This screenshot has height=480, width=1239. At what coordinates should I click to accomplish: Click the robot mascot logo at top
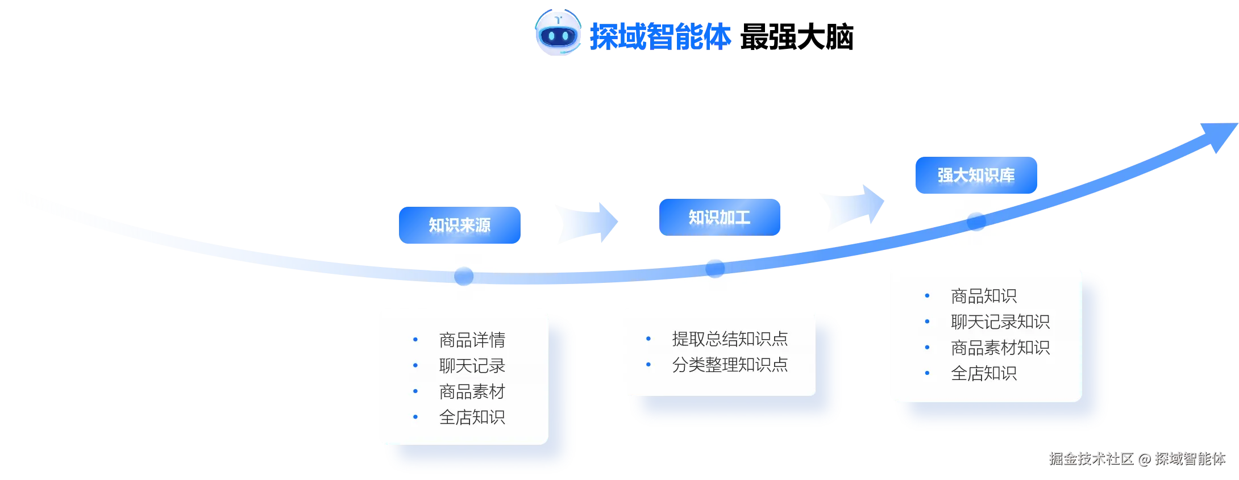coord(558,35)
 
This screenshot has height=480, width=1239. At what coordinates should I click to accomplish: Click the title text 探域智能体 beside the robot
coord(660,36)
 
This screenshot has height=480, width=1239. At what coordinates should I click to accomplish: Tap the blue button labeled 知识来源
coord(459,226)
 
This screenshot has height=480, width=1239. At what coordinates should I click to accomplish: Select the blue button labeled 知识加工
coord(720,217)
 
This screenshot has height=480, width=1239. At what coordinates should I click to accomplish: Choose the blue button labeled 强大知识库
coord(976,175)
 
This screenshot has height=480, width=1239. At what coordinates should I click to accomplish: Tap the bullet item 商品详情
coord(472,340)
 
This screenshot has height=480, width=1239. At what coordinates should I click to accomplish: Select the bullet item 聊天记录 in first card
coord(472,366)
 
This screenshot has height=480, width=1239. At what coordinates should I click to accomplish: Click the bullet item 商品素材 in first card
coord(472,391)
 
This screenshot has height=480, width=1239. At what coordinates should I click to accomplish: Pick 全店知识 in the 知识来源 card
coord(472,417)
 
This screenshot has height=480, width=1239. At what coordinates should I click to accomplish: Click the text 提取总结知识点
coord(730,339)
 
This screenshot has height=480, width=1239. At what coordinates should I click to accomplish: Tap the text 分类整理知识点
coord(730,364)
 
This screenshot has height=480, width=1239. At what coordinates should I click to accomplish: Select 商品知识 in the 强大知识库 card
coord(983,296)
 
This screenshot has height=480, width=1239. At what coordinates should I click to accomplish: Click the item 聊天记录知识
coord(1000,322)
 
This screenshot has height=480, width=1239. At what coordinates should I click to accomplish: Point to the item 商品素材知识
coord(1000,347)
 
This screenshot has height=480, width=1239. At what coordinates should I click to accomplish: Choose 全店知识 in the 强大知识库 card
coord(983,373)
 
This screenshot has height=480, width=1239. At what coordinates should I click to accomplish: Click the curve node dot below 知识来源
coord(463,276)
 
